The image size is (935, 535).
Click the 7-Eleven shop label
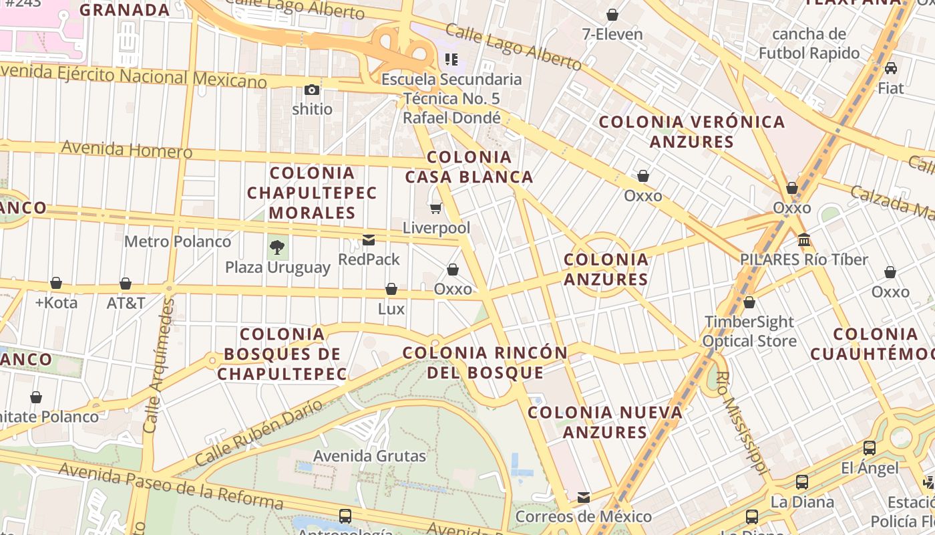[612, 34]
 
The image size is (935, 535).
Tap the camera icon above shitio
[312, 90]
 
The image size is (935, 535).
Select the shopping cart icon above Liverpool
[436, 209]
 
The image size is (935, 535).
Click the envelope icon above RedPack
[369, 240]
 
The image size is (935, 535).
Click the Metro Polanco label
[178, 241]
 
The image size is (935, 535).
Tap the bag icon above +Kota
[56, 284]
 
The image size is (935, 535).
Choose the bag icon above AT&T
[126, 284]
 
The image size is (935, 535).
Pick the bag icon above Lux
[391, 289]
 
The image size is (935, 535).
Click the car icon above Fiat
[890, 68]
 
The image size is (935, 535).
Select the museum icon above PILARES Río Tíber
[804, 239]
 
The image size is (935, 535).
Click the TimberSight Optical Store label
[749, 332]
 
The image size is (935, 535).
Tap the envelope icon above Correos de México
[584, 497]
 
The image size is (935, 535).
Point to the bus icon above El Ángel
[870, 448]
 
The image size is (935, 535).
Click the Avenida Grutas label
[369, 456]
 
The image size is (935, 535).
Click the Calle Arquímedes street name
[159, 364]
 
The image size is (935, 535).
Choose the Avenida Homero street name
[127, 149]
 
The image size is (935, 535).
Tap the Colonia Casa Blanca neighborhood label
[469, 167]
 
